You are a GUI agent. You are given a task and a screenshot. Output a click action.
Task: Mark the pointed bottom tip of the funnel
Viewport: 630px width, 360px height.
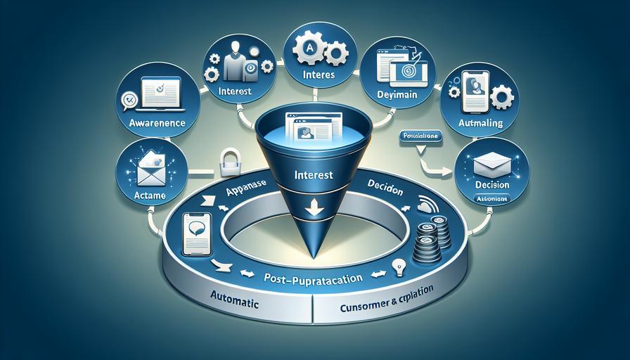tap(311, 255)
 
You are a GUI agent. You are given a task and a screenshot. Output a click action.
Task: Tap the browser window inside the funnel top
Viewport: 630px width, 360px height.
tap(310, 131)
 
